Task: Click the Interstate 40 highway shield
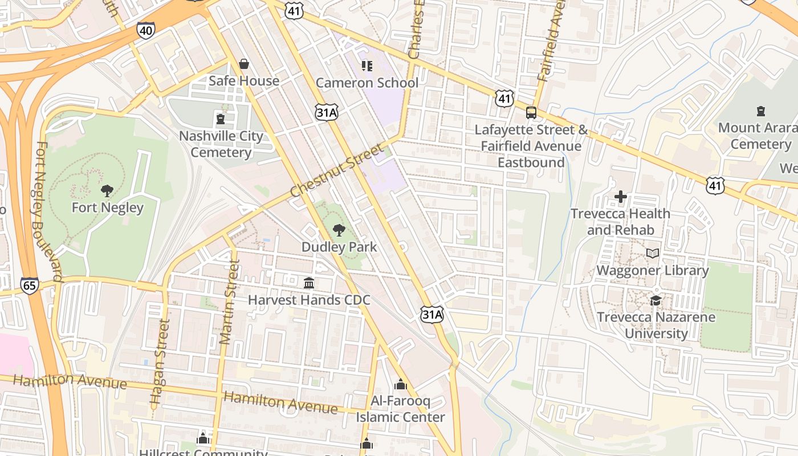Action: coord(145,30)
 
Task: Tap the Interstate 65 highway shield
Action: coord(29,285)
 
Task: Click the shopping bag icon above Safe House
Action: coord(244,64)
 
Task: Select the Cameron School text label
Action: coord(367,83)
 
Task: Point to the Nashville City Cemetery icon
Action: coord(221,119)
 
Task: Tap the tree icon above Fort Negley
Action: coord(107,190)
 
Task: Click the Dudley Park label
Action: coord(339,247)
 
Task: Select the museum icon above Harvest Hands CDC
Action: coord(309,283)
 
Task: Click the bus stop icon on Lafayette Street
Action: coord(531,112)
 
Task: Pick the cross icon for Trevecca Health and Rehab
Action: coord(621,197)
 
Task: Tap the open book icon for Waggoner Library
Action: coord(653,253)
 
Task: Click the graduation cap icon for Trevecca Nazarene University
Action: coord(656,300)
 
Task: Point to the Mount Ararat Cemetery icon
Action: coord(760,111)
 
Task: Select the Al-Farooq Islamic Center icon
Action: coord(401,384)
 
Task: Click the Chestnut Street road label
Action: coord(336,170)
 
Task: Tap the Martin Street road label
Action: coord(228,302)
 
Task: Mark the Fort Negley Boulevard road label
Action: coord(48,211)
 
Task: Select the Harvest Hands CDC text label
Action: coord(309,300)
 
